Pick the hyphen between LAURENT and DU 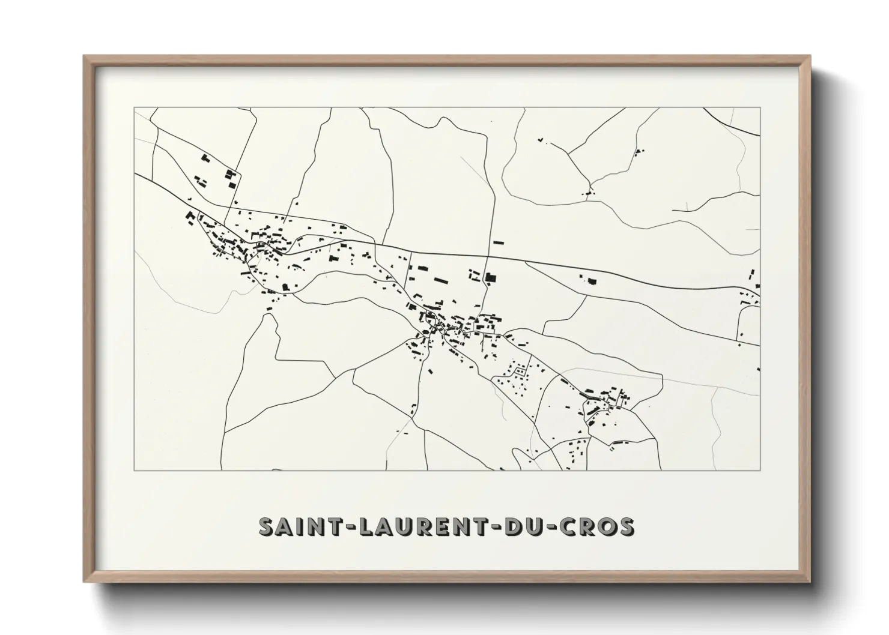(494, 527)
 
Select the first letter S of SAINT (266, 526)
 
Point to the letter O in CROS (605, 526)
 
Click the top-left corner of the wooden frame (85, 56)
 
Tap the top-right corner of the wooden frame (810, 56)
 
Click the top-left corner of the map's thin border (134, 108)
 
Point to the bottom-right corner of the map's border (760, 470)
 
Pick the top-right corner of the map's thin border (760, 108)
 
